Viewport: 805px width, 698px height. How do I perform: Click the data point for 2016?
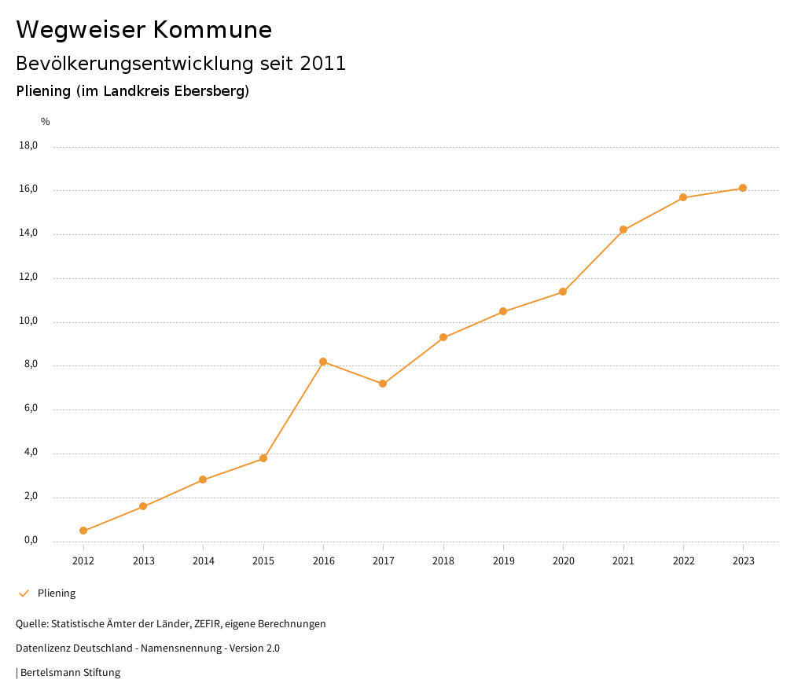coord(323,362)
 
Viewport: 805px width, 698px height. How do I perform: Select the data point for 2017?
coord(383,384)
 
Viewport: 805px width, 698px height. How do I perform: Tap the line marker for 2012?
coord(83,531)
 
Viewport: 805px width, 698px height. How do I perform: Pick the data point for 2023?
coord(743,188)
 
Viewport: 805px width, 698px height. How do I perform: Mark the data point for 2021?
coord(623,230)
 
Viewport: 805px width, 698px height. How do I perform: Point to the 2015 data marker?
coord(263,458)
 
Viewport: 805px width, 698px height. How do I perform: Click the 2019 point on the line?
coord(503,312)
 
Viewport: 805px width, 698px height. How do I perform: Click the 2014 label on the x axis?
coord(204,561)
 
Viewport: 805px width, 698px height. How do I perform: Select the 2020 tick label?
coord(564,561)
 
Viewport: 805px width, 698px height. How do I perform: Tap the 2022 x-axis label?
coord(684,561)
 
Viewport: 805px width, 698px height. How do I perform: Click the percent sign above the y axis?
coord(46,122)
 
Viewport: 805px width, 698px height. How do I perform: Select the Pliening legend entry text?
coord(57,593)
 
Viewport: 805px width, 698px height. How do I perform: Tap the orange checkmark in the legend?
coord(24,593)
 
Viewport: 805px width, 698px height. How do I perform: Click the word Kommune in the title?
coord(212,30)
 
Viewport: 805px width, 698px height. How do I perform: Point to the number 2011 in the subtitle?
coord(323,64)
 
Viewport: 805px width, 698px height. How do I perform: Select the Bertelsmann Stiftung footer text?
coord(70,673)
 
